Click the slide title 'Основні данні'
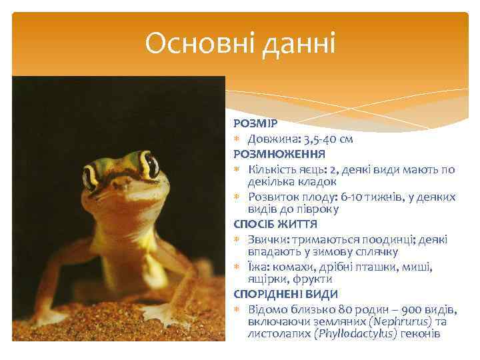[x=241, y=45]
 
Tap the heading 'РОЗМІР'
[x=250, y=125]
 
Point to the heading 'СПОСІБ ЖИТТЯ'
[x=275, y=225]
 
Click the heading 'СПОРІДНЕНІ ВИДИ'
[x=286, y=294]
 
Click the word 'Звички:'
[x=269, y=239]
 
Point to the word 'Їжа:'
[x=259, y=267]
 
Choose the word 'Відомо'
[x=269, y=309]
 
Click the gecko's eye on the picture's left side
[x=90, y=177]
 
